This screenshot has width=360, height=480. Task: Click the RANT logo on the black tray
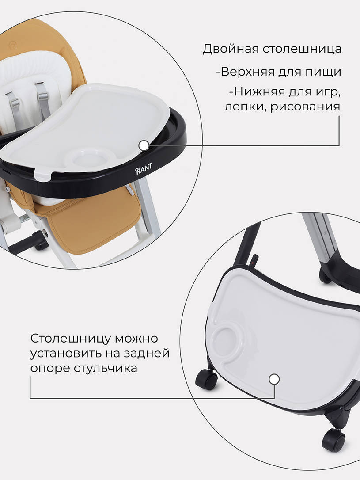(x=144, y=171)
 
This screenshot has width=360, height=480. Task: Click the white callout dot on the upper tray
(x=144, y=145)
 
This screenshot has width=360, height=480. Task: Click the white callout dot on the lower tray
(x=274, y=379)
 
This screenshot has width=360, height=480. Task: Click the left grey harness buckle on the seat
(x=15, y=103)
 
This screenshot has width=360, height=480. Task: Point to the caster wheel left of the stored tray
(x=206, y=379)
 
